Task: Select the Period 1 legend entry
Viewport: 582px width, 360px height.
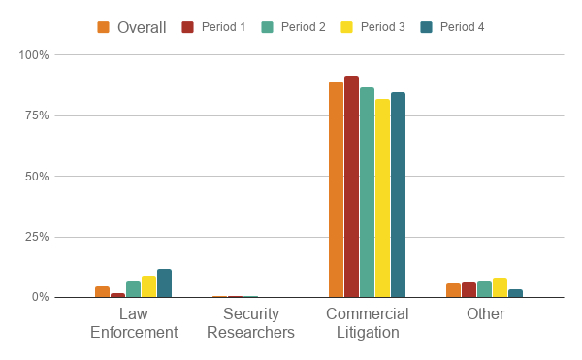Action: pyautogui.click(x=222, y=26)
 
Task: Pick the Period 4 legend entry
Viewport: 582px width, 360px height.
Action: pyautogui.click(x=460, y=26)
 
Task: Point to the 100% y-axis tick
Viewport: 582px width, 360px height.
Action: pyautogui.click(x=34, y=55)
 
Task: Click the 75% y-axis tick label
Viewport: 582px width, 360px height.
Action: pyautogui.click(x=37, y=115)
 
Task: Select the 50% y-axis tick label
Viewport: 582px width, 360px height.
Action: pyautogui.click(x=37, y=177)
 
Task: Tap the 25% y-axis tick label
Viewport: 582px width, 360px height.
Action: pyautogui.click(x=37, y=237)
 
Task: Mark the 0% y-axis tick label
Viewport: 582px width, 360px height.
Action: pyautogui.click(x=40, y=297)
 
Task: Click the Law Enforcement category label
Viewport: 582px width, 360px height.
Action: pyautogui.click(x=134, y=323)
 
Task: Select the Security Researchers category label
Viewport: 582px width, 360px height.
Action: pyautogui.click(x=251, y=323)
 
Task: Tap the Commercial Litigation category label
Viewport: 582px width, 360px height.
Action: pyautogui.click(x=367, y=323)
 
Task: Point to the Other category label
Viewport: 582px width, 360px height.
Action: pyautogui.click(x=485, y=314)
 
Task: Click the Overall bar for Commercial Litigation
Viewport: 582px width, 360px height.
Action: pyautogui.click(x=336, y=190)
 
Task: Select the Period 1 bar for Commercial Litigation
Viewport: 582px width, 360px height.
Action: pyautogui.click(x=351, y=187)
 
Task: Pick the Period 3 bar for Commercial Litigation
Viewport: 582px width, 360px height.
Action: pyautogui.click(x=382, y=198)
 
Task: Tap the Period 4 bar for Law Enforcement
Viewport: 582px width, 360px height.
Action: pyautogui.click(x=164, y=283)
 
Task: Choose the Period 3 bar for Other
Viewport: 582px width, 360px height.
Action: pyautogui.click(x=500, y=288)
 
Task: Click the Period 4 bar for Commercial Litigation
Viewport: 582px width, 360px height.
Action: pyautogui.click(x=398, y=195)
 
